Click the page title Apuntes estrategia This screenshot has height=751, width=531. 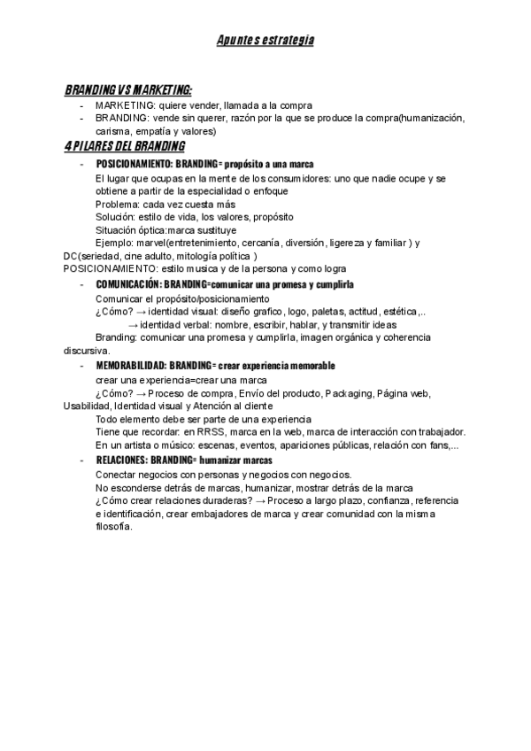point(265,41)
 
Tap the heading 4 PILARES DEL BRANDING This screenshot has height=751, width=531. point(125,146)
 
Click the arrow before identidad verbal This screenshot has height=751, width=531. point(134,325)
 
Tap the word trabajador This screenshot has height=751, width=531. point(443,432)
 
